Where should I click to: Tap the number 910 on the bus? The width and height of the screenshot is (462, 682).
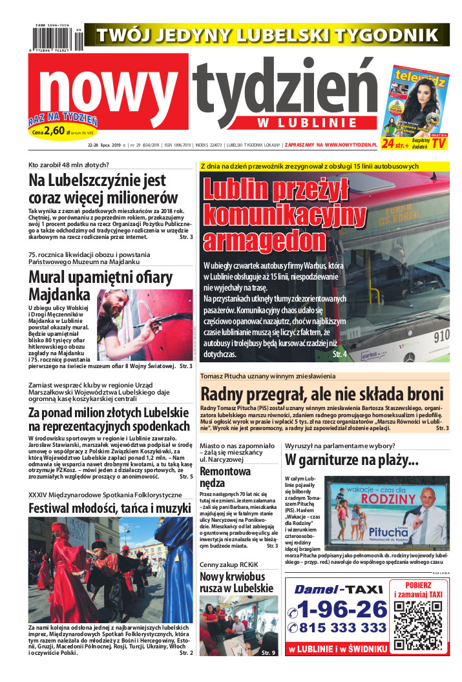pos(441,336)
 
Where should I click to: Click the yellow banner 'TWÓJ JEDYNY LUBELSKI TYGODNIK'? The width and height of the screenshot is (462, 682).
pos(267,34)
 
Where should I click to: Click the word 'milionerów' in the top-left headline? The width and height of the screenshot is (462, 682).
pos(139,197)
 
